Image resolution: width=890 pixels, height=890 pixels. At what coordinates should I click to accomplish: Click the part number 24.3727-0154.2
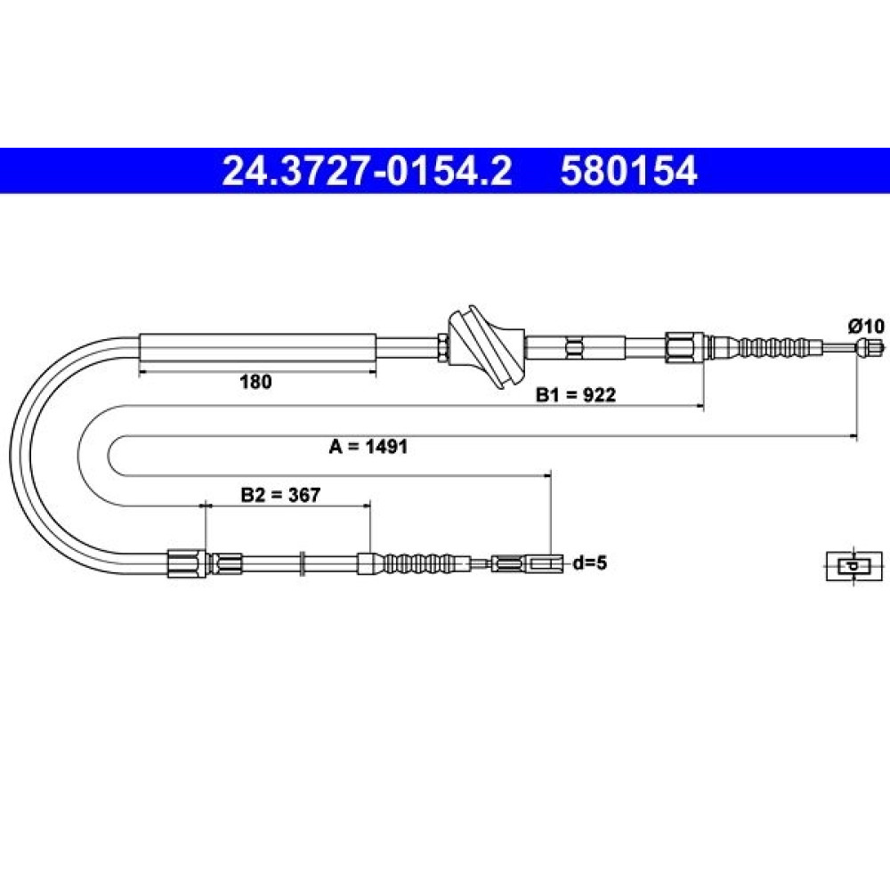(367, 171)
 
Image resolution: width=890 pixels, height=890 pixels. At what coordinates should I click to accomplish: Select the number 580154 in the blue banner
(628, 171)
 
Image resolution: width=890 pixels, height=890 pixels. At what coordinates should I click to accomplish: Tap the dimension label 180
(255, 382)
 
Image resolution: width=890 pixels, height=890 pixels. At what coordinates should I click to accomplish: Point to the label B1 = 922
(576, 394)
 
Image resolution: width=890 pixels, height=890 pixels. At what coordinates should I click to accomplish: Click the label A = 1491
(368, 447)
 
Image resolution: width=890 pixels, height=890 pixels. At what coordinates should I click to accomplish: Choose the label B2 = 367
(280, 495)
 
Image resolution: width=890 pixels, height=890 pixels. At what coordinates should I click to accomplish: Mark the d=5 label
(590, 563)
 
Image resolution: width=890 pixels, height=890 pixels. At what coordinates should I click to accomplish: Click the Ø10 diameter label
(866, 327)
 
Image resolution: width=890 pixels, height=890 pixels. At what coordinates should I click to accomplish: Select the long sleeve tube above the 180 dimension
(258, 347)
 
